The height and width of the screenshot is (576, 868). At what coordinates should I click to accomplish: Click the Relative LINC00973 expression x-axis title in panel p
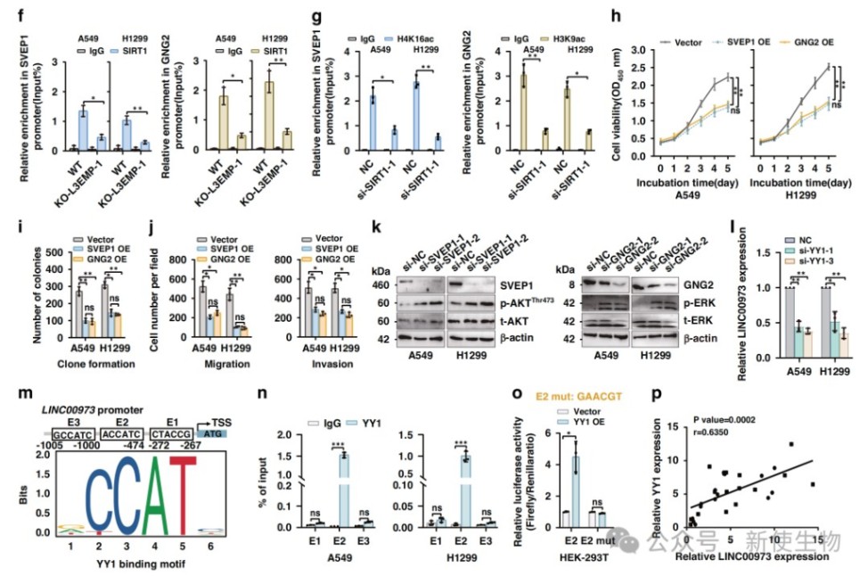(743, 557)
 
